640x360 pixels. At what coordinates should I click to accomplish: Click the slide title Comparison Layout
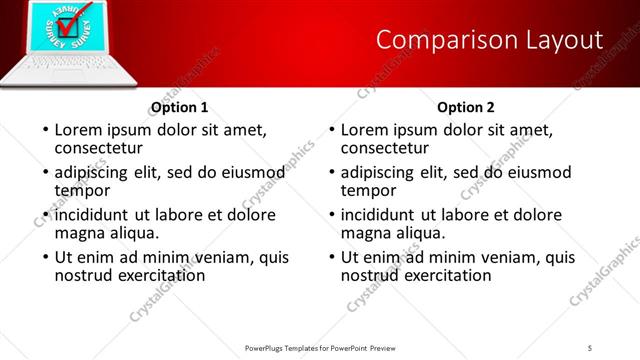[489, 40]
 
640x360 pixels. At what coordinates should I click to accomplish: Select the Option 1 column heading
[179, 107]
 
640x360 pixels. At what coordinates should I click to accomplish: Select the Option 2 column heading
[466, 107]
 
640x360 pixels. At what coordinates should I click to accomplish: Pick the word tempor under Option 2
[367, 190]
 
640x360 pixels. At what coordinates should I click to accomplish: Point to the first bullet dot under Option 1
[44, 131]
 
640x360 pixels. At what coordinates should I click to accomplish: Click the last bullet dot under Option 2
[330, 257]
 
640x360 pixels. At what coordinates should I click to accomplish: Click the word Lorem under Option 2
[364, 130]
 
